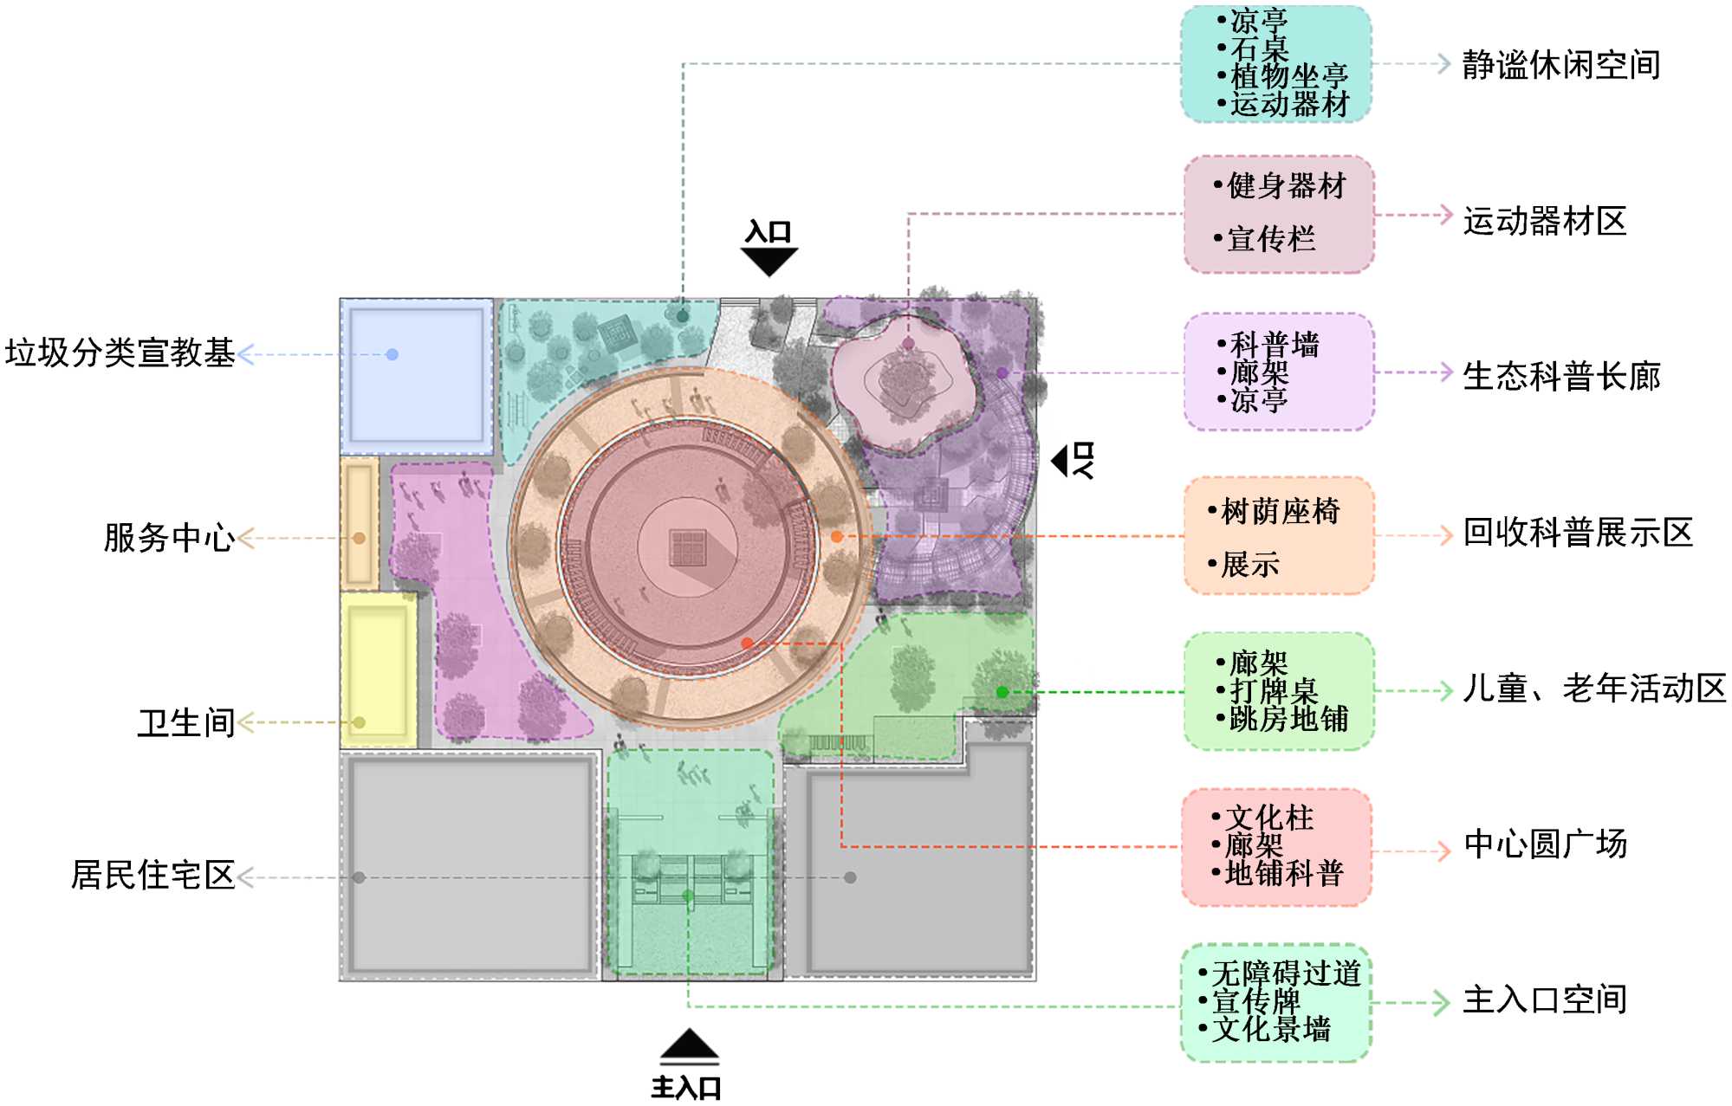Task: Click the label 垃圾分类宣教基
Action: (x=120, y=353)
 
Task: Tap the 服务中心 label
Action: (x=169, y=538)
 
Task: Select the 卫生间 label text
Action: (x=186, y=722)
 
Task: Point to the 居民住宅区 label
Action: (x=152, y=876)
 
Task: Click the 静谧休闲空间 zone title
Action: (x=1560, y=65)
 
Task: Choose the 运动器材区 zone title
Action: (x=1544, y=221)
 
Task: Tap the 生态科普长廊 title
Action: (x=1560, y=377)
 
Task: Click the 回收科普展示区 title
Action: (x=1577, y=533)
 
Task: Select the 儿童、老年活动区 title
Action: (x=1593, y=689)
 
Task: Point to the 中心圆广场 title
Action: (x=1544, y=844)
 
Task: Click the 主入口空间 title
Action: (x=1544, y=1000)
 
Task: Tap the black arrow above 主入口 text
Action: (x=689, y=1045)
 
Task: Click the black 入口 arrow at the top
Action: (x=769, y=261)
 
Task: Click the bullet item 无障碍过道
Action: (x=1286, y=973)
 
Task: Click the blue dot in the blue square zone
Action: (x=392, y=354)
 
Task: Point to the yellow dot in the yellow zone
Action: (x=360, y=722)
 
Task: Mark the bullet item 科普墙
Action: (x=1275, y=345)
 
